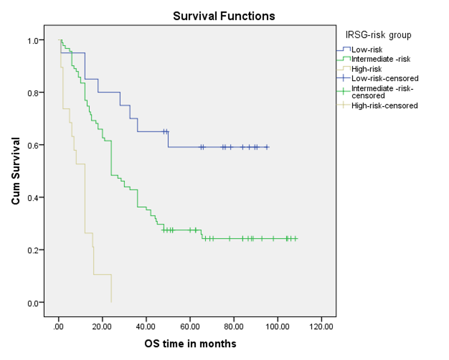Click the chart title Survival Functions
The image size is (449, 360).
click(x=224, y=16)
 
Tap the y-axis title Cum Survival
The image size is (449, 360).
click(x=16, y=171)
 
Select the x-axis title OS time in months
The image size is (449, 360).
click(x=190, y=344)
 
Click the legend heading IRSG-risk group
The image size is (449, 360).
click(x=378, y=35)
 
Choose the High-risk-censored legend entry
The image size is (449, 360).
click(x=384, y=106)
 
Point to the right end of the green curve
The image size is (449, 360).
click(x=297, y=239)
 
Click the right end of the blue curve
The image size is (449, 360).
click(x=269, y=147)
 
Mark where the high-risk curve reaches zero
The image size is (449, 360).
click(x=111, y=302)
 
